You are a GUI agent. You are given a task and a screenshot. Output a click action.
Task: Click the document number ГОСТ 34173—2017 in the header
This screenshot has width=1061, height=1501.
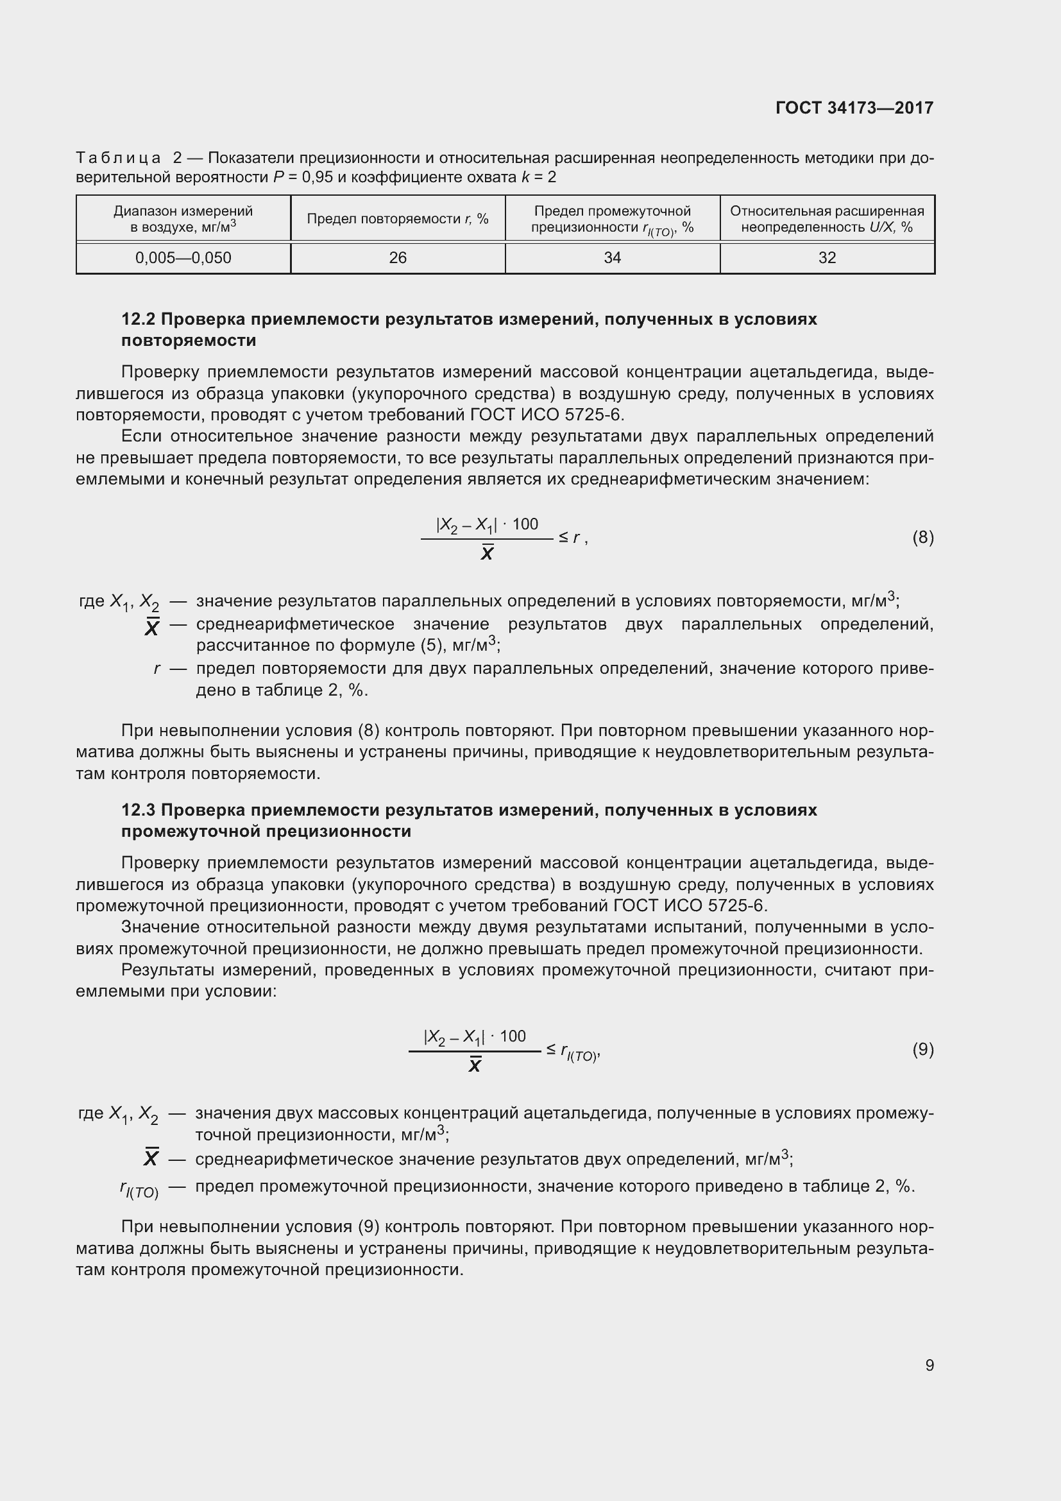tap(854, 108)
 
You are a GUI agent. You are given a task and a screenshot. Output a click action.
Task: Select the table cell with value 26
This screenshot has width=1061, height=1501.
tap(397, 257)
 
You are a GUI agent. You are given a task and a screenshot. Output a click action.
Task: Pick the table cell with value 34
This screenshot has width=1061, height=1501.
tap(612, 257)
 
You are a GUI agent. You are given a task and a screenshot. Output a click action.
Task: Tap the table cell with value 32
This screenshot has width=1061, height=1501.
tap(826, 257)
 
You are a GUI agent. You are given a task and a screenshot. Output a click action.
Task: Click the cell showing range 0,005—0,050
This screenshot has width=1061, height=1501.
tap(183, 257)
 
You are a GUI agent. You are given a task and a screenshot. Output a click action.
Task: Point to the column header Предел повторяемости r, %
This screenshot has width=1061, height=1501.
tap(397, 219)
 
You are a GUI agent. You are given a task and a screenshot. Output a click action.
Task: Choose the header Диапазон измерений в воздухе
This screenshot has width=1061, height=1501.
tap(183, 219)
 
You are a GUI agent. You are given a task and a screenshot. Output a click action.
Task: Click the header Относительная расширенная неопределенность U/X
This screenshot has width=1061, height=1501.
tap(826, 219)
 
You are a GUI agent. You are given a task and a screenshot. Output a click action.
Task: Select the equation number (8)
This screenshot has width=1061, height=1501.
tap(922, 537)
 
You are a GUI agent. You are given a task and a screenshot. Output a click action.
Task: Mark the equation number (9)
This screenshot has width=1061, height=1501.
tap(922, 1049)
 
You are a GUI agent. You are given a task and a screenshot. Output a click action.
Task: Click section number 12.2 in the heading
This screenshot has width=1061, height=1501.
tap(138, 319)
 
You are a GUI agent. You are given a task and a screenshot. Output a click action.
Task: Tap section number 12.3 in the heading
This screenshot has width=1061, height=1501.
tap(138, 810)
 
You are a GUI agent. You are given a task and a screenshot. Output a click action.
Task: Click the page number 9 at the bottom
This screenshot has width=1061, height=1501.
tap(929, 1365)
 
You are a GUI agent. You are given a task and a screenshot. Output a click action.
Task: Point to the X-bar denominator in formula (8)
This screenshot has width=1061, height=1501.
tap(487, 554)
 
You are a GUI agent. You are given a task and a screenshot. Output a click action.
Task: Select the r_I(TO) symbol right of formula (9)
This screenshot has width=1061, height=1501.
tap(579, 1052)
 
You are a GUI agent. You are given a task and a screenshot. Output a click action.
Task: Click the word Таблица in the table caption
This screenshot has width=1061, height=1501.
tap(118, 159)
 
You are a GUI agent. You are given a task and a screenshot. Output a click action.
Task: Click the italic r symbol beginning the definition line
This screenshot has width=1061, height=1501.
tap(157, 669)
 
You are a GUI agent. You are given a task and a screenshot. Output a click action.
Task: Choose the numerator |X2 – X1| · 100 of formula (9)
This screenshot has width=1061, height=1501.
tap(474, 1037)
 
